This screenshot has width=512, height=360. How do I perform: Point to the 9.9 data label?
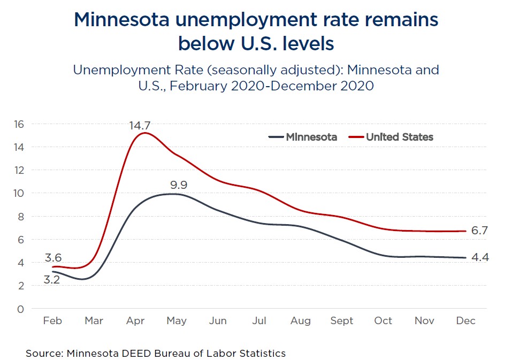179,186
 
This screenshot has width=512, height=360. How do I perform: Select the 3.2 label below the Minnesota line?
51,279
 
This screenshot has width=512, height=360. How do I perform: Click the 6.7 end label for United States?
480,231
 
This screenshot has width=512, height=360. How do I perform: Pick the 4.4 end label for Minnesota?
480,257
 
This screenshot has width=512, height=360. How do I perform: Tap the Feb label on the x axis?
52,321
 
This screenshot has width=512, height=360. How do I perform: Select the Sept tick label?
342,321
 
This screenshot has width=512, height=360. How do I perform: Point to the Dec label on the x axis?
466,321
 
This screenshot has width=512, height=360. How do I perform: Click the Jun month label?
218,321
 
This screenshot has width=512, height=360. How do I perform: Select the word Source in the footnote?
43,353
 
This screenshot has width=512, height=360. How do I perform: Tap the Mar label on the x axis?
94,321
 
